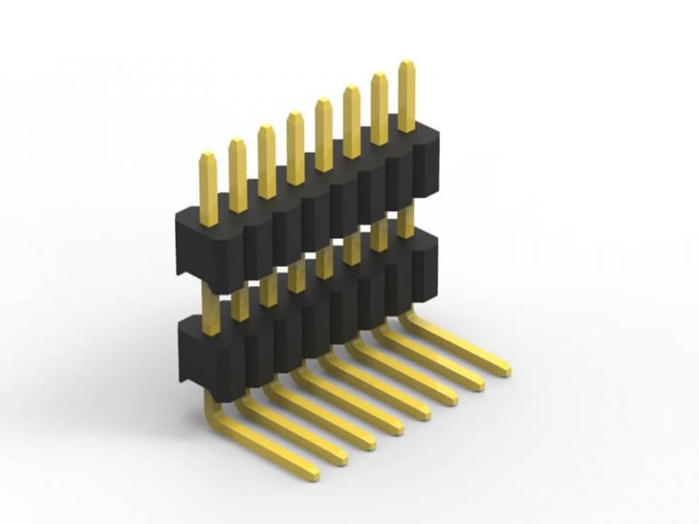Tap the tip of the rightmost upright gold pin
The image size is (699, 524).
[406, 65]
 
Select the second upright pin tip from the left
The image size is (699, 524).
[237, 144]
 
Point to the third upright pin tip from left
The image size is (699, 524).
[266, 130]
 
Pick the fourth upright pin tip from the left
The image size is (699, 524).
[295, 116]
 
